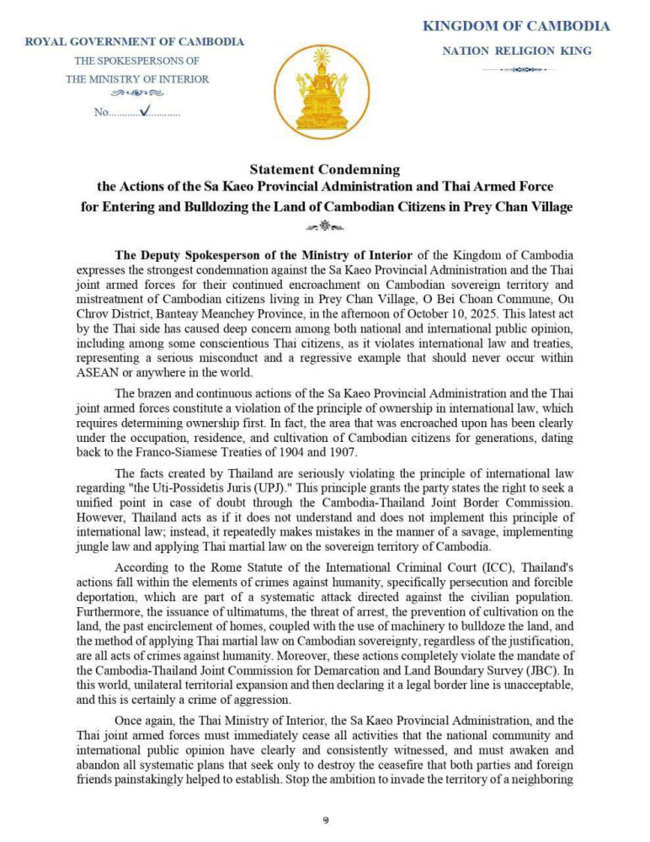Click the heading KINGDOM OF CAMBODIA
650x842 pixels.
515,26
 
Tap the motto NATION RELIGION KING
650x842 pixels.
517,51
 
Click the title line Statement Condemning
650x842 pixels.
324,169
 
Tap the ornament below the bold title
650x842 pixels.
324,225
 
